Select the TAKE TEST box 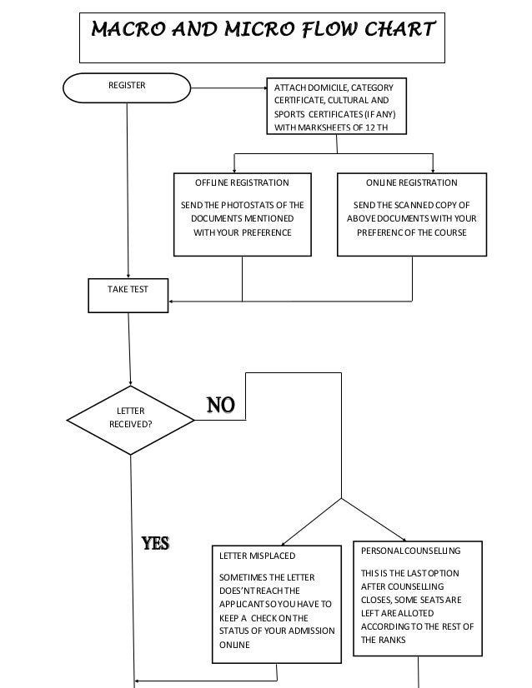pyautogui.click(x=128, y=293)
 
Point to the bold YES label pyautogui.click(x=155, y=544)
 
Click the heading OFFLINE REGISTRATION pyautogui.click(x=242, y=182)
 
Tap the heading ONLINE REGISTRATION pyautogui.click(x=411, y=182)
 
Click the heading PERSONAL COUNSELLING pyautogui.click(x=409, y=551)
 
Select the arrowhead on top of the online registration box pyautogui.click(x=433, y=170)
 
